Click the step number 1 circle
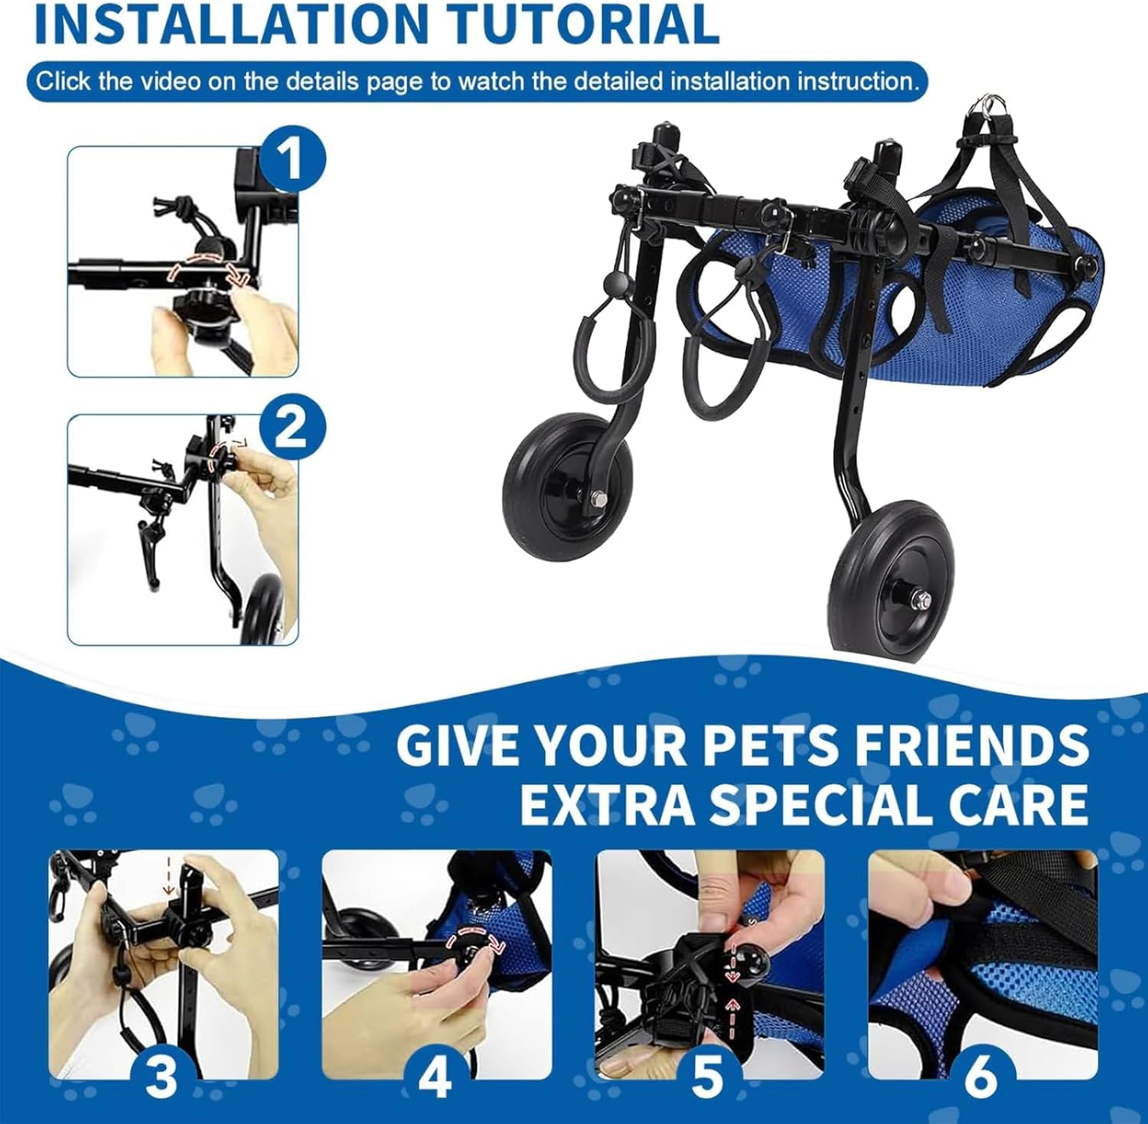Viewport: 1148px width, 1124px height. pos(292,161)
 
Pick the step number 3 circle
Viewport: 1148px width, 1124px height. pos(161,1076)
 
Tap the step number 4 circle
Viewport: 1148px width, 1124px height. pos(435,1076)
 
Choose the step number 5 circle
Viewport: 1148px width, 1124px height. pos(707,1076)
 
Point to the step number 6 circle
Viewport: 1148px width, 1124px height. pos(980,1076)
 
